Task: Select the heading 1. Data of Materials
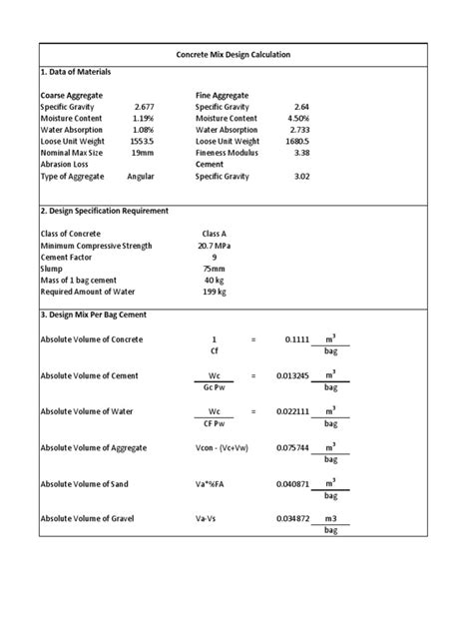[x=75, y=73]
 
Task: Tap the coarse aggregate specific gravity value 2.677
[x=146, y=106]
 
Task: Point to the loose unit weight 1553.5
[x=145, y=142]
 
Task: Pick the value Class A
[x=215, y=233]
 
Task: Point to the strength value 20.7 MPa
[x=215, y=245]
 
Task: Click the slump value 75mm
[x=215, y=269]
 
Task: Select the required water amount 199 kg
[x=215, y=293]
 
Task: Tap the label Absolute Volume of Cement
[x=90, y=375]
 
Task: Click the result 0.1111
[x=297, y=340]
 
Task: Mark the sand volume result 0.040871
[x=291, y=483]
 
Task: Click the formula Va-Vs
[x=209, y=519]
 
